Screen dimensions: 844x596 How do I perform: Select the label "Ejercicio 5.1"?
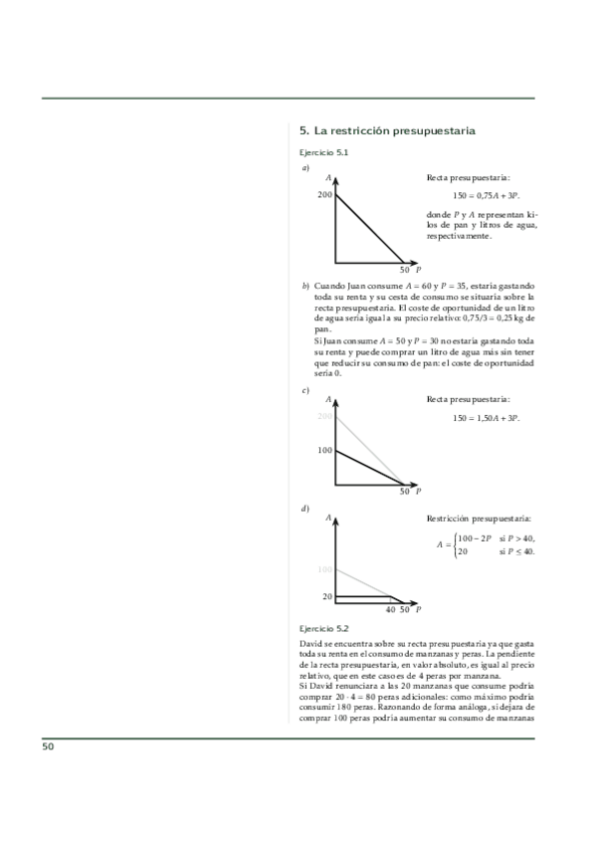pos(323,152)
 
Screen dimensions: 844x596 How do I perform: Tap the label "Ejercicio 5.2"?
pos(323,628)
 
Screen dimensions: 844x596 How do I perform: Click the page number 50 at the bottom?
pos(48,746)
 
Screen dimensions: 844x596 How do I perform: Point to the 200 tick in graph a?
pos(325,194)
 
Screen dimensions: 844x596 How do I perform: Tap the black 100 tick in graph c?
pos(325,451)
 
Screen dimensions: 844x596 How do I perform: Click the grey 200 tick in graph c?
pos(325,416)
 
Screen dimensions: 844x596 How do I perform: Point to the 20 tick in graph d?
pos(327,596)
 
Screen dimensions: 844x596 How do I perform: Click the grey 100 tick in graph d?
pos(325,569)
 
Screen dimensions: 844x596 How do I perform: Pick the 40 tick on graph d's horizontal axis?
pos(390,609)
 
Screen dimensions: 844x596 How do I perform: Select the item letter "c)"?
pos(305,390)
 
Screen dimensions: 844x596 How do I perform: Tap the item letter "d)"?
pos(305,510)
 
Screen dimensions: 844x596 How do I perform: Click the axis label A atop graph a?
pos(328,178)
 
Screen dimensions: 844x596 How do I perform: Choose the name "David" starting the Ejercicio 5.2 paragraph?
pos(312,645)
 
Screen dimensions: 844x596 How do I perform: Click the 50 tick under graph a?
pos(405,270)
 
